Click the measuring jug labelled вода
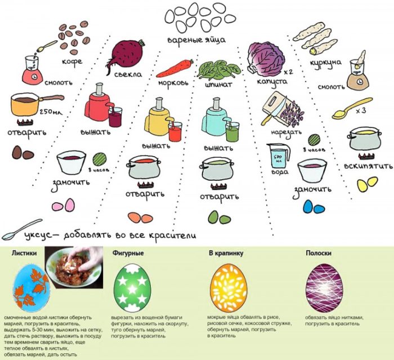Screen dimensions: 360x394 277,157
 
